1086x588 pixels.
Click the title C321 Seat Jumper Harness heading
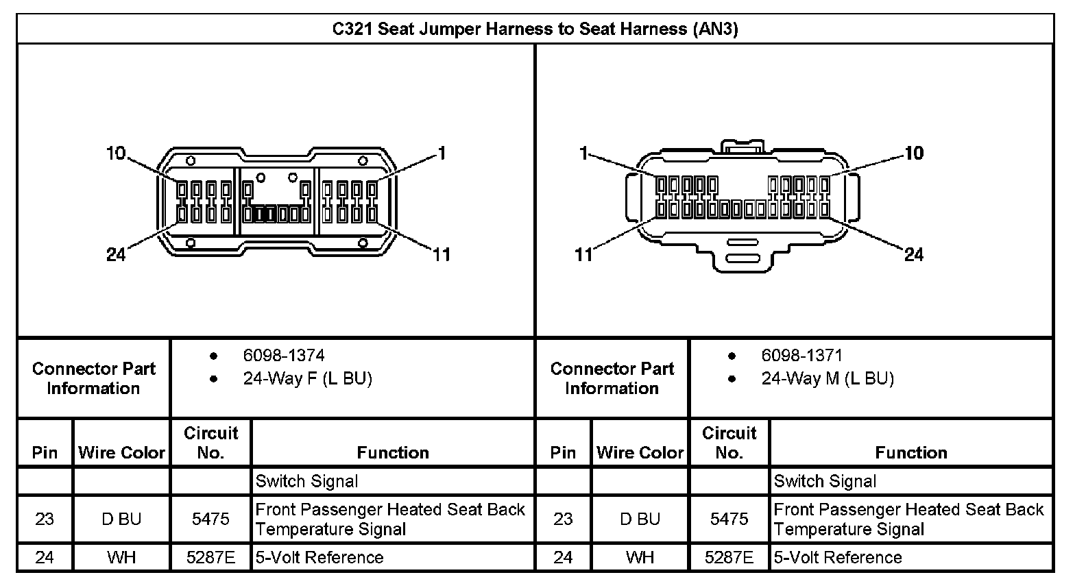click(535, 29)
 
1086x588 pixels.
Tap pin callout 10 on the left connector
click(116, 153)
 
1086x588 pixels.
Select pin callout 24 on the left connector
click(116, 255)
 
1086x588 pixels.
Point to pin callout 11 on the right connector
click(583, 255)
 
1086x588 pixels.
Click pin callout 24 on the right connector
click(914, 255)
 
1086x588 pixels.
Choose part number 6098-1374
click(284, 356)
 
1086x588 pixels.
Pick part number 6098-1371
click(802, 356)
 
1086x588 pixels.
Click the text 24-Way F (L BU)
click(307, 379)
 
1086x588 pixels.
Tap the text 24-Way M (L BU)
click(828, 379)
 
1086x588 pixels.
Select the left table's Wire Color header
click(121, 452)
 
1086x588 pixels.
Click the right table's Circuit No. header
click(729, 443)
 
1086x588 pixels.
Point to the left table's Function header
click(393, 452)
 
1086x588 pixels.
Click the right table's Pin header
click(563, 452)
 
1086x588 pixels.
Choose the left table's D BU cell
click(121, 519)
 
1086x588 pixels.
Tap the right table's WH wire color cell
click(640, 557)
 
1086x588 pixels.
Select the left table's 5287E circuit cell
click(210, 557)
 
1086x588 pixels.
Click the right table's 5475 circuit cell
click(729, 519)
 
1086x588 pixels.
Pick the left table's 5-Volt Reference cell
click(319, 557)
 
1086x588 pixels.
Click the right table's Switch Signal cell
click(825, 481)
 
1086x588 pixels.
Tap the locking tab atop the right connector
click(743, 147)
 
